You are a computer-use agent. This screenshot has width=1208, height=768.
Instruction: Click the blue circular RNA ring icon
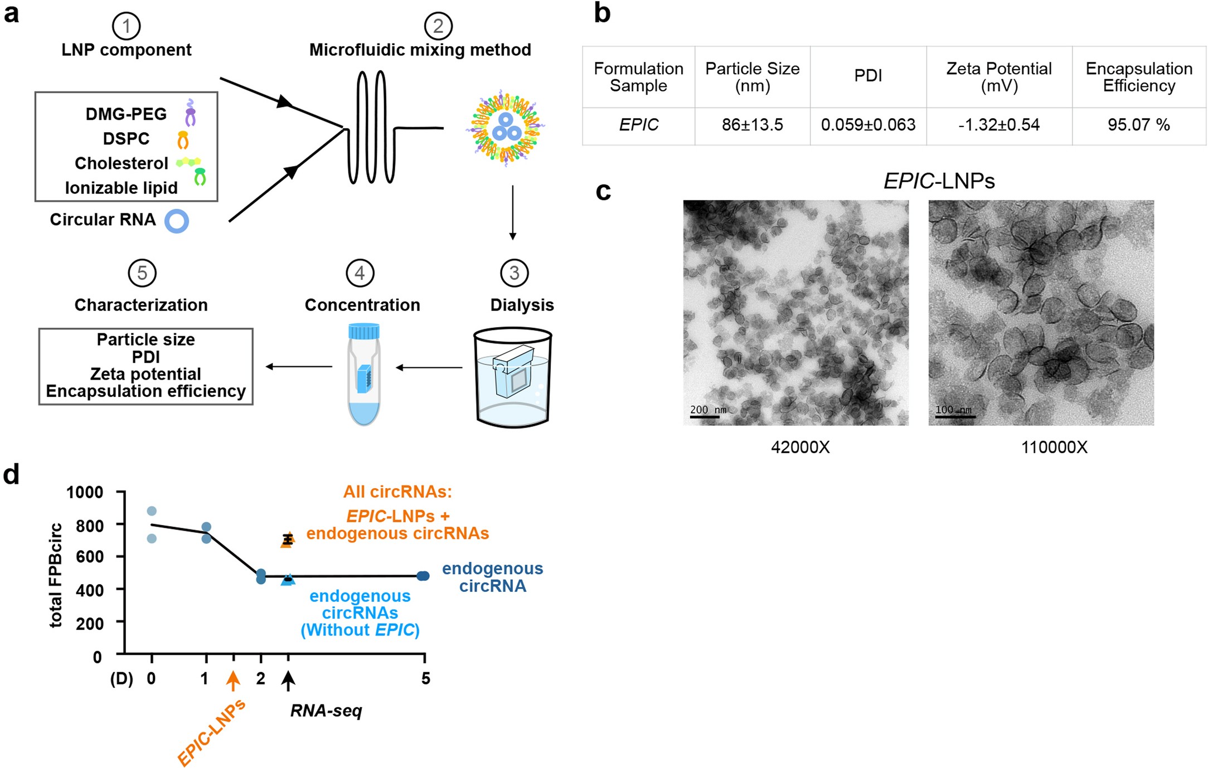click(x=177, y=221)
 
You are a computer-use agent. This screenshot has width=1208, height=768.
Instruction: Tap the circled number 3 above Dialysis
click(x=514, y=273)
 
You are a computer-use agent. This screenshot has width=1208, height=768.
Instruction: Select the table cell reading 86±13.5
click(x=752, y=125)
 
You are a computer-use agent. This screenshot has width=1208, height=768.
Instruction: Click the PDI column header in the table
click(x=868, y=76)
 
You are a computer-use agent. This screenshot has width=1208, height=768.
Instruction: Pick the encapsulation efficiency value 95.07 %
click(x=1138, y=125)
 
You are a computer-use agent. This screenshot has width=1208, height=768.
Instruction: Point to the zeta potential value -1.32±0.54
click(x=998, y=125)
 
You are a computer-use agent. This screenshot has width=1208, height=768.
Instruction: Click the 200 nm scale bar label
click(x=708, y=410)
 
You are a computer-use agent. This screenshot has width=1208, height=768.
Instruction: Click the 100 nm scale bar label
click(x=953, y=410)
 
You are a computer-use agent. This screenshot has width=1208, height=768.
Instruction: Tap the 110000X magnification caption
click(x=1054, y=448)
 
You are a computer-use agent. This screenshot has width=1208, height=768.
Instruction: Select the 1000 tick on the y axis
click(x=85, y=492)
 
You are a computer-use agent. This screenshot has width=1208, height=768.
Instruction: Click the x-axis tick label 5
click(x=425, y=678)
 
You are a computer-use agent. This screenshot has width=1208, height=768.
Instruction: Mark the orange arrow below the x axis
click(x=233, y=680)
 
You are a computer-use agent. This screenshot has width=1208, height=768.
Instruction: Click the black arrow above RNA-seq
click(x=288, y=680)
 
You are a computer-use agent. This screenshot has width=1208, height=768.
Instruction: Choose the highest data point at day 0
click(x=152, y=511)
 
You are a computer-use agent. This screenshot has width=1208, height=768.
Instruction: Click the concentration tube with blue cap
click(x=363, y=375)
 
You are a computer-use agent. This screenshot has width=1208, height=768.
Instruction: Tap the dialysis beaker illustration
click(x=512, y=378)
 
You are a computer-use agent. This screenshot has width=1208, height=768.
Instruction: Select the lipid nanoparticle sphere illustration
click(x=506, y=128)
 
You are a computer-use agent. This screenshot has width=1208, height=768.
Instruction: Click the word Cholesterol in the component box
click(x=121, y=163)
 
